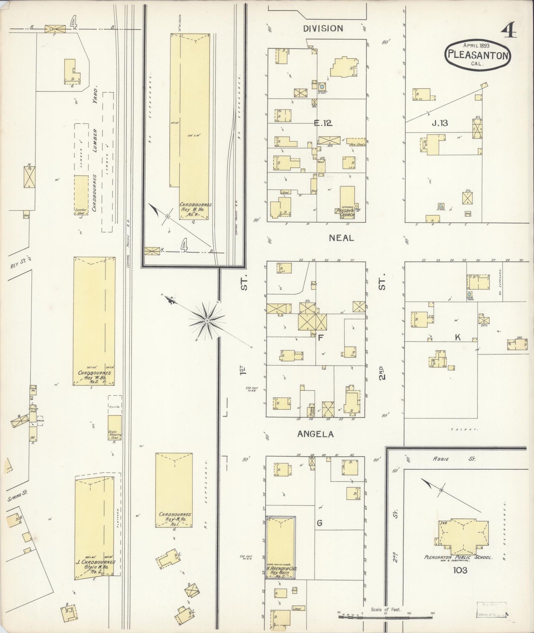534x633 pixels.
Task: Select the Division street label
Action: [323, 28]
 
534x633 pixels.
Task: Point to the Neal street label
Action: [341, 238]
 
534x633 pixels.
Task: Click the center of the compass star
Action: [207, 321]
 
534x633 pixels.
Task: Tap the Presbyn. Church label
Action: [345, 213]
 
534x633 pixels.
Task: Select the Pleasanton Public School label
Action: [459, 557]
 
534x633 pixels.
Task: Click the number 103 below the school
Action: [459, 570]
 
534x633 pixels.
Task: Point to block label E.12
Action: [323, 123]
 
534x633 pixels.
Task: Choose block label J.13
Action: [440, 123]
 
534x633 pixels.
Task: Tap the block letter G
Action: [320, 523]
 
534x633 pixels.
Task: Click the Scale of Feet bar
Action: [386, 614]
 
